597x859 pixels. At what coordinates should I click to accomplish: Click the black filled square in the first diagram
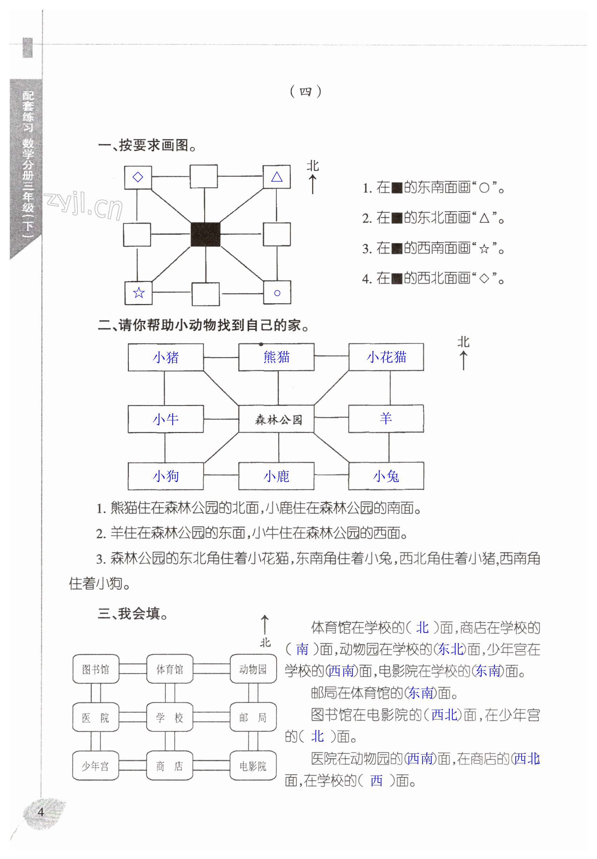pos(205,235)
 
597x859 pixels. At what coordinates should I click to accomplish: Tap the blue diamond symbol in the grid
pos(138,177)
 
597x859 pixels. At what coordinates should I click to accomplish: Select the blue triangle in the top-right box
pos(277,177)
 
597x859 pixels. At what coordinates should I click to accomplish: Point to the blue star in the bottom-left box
pos(139,292)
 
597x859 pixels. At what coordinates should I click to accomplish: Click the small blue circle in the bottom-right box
pos(277,293)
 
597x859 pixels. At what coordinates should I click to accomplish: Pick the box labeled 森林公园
pos(276,419)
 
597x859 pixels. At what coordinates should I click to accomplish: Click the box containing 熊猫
pos(276,357)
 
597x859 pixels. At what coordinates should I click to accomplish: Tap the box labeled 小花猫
pos(386,357)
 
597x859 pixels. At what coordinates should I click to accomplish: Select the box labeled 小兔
pos(386,476)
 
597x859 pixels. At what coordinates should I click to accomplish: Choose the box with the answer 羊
pos(386,418)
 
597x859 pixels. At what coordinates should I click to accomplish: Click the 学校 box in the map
pos(169,717)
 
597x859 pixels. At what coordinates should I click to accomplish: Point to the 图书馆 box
pos(96,669)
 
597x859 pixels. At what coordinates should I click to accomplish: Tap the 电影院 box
pos(253,766)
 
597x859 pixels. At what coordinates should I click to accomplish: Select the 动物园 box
pos(253,669)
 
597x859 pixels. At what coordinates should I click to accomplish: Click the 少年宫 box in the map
pos(96,766)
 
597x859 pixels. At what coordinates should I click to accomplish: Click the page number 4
pos(41,812)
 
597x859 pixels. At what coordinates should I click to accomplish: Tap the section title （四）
pos(306,91)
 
